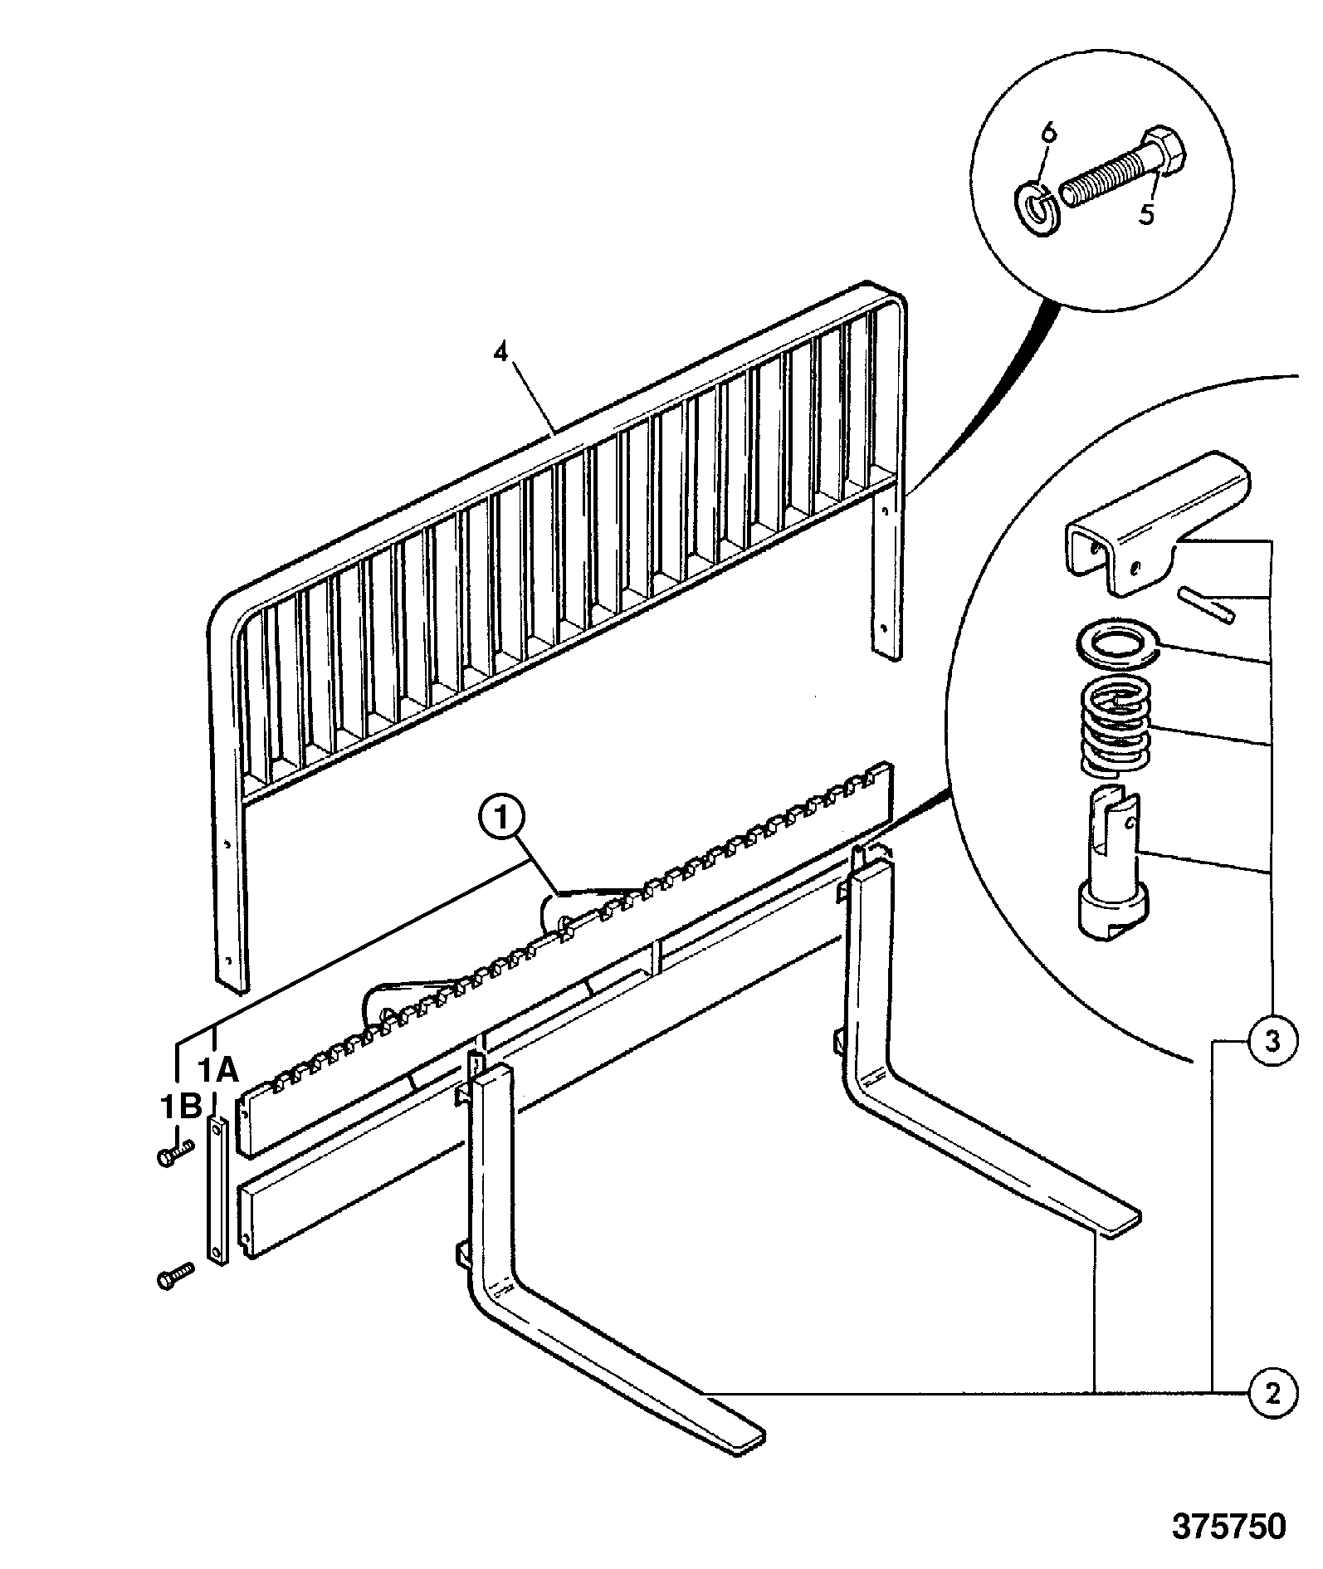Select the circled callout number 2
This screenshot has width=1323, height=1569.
pyautogui.click(x=1271, y=1391)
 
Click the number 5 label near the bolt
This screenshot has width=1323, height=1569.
pyautogui.click(x=1145, y=215)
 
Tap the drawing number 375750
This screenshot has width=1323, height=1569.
pyautogui.click(x=1229, y=1526)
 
